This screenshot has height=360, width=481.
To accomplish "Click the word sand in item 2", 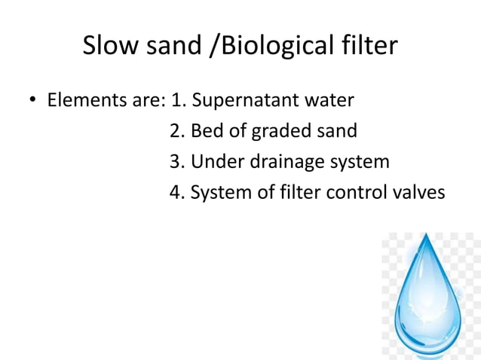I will [x=337, y=131].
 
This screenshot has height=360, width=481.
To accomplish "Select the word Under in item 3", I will [x=215, y=162].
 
